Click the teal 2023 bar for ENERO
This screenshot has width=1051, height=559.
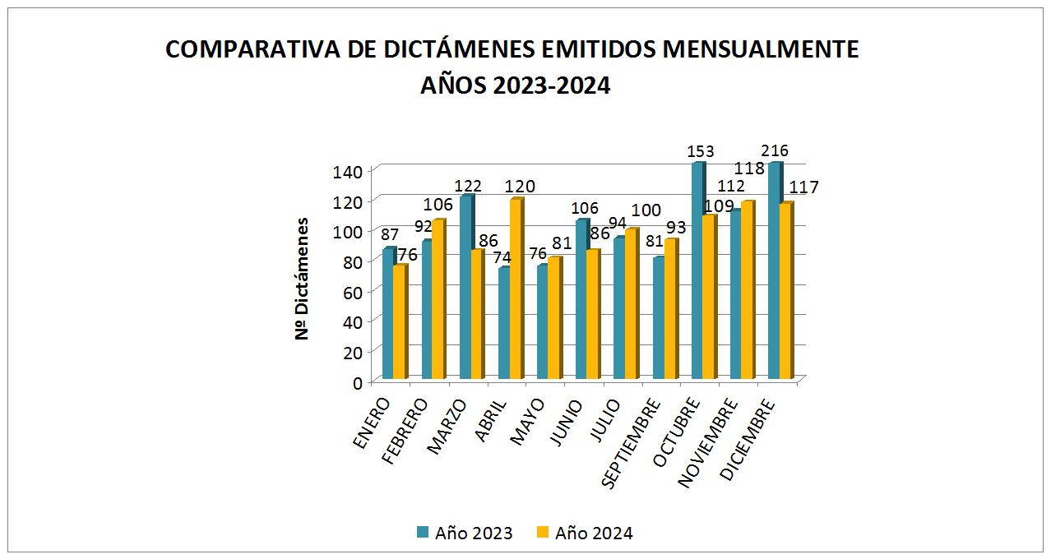tap(388, 314)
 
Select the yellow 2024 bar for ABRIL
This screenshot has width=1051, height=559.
tap(515, 289)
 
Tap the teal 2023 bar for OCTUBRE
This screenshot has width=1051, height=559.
tap(697, 271)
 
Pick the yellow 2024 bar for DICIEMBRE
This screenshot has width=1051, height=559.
tap(785, 291)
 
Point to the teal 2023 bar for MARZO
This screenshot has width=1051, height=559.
tap(465, 288)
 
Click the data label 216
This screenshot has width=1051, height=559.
tap(775, 151)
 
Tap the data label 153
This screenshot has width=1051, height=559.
tap(701, 152)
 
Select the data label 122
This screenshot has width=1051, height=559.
tap(467, 186)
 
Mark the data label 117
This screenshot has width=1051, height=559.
tap(803, 187)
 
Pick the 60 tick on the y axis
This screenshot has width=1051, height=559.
tap(353, 291)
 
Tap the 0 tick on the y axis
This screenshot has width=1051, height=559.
tap(358, 381)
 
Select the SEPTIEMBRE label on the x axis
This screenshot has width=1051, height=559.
tap(632, 442)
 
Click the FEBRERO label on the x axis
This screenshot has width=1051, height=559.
tap(406, 432)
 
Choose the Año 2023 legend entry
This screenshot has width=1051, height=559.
tap(465, 534)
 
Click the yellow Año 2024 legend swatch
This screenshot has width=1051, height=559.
tap(542, 533)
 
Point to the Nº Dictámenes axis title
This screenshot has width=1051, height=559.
tap(303, 278)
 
